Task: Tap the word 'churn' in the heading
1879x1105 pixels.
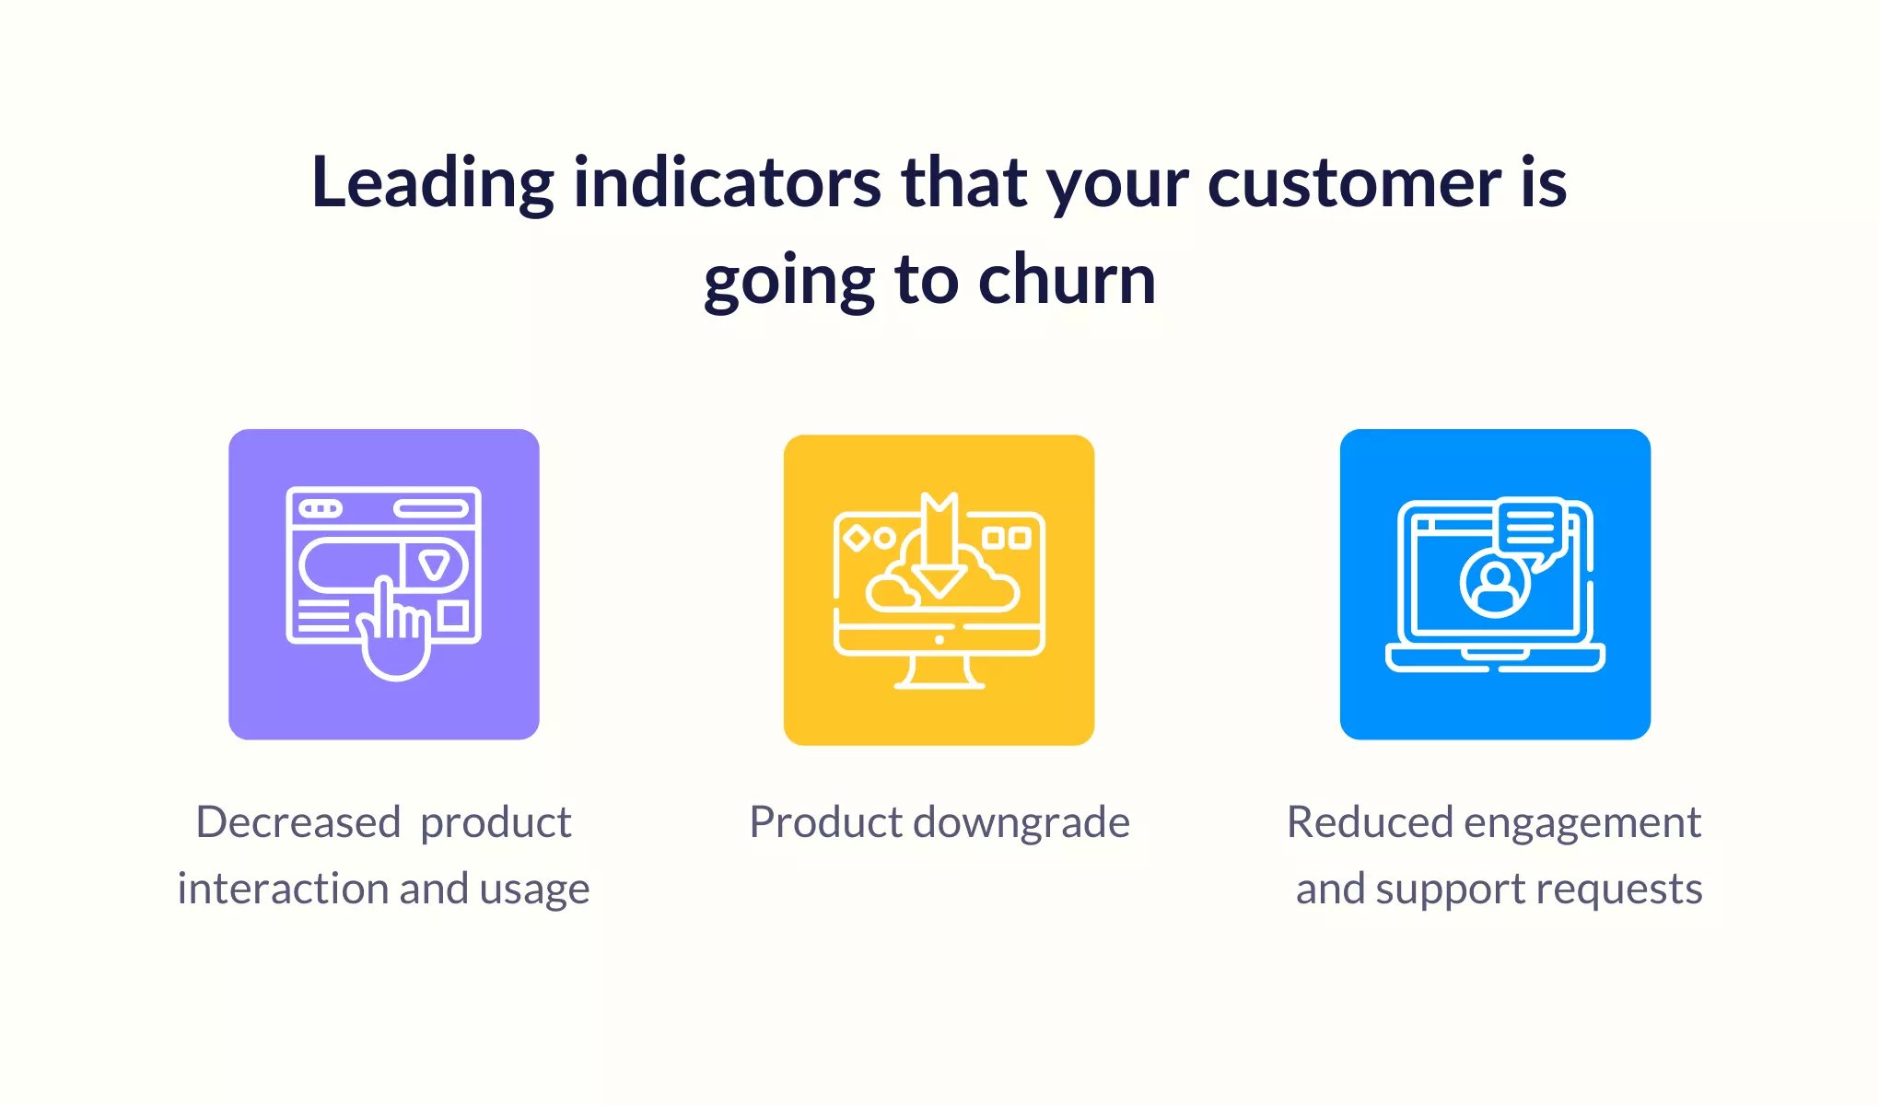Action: (1067, 279)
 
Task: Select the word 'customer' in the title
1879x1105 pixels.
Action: (1355, 182)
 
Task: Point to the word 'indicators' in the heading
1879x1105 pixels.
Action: (727, 181)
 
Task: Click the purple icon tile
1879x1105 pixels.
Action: (384, 584)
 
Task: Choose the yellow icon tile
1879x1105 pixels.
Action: (939, 589)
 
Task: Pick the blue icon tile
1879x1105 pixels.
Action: (1495, 584)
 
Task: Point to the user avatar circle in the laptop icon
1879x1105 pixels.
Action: (1495, 584)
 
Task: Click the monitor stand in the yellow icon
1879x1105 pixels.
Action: (939, 671)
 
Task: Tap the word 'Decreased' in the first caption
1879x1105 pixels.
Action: (298, 822)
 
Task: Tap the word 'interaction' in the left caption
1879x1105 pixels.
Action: (283, 890)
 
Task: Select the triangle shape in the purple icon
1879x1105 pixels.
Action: (434, 564)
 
